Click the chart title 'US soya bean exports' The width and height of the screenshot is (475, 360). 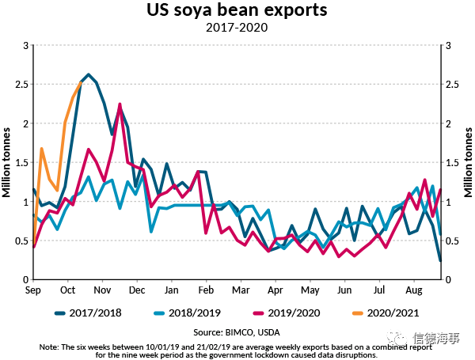236,11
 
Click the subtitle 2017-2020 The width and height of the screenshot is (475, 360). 237,28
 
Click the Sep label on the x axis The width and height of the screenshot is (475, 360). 33,290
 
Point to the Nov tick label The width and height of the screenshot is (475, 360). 103,290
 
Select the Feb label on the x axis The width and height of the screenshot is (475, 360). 206,290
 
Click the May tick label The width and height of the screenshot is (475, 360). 310,290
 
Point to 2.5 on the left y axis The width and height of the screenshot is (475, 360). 20,85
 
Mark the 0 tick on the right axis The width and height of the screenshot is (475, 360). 450,279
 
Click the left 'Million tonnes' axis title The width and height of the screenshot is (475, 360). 7,162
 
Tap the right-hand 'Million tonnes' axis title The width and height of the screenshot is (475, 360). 468,162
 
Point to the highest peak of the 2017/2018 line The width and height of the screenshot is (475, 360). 89,74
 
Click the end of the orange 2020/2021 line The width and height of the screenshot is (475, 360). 81,82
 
